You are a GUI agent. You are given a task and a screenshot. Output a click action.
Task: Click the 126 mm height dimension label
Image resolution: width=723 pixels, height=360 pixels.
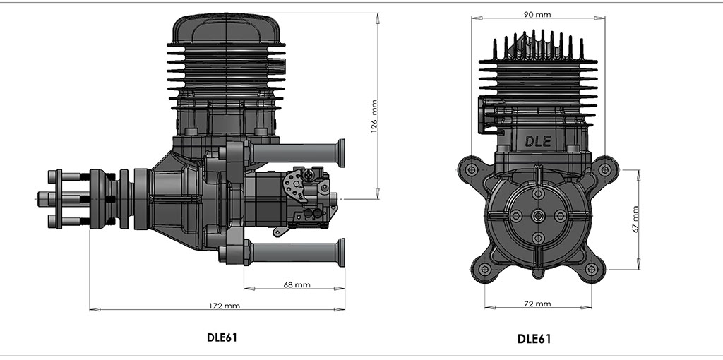click(374, 116)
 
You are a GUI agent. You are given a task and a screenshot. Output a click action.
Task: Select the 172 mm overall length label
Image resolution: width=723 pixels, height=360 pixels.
click(225, 306)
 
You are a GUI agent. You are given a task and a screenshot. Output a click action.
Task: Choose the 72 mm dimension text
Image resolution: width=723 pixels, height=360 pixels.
click(538, 304)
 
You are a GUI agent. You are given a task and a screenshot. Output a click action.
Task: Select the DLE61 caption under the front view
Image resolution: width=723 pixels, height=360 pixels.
click(534, 338)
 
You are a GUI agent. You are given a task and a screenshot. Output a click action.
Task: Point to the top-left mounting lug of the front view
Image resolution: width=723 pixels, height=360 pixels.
click(469, 168)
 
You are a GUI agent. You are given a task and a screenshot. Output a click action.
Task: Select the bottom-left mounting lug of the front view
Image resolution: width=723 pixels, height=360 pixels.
click(484, 269)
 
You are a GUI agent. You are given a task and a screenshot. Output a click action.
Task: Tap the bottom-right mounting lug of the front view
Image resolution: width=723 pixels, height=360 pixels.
click(592, 269)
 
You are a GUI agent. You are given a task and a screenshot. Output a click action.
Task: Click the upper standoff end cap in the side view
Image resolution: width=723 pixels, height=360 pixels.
click(341, 153)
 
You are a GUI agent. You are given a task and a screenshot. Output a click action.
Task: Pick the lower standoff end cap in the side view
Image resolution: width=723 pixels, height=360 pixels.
click(341, 252)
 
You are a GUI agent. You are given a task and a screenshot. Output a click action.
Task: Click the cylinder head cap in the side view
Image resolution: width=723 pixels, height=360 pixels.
click(226, 28)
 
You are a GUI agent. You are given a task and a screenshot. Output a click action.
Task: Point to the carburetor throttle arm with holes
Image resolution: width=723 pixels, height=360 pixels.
click(294, 185)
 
